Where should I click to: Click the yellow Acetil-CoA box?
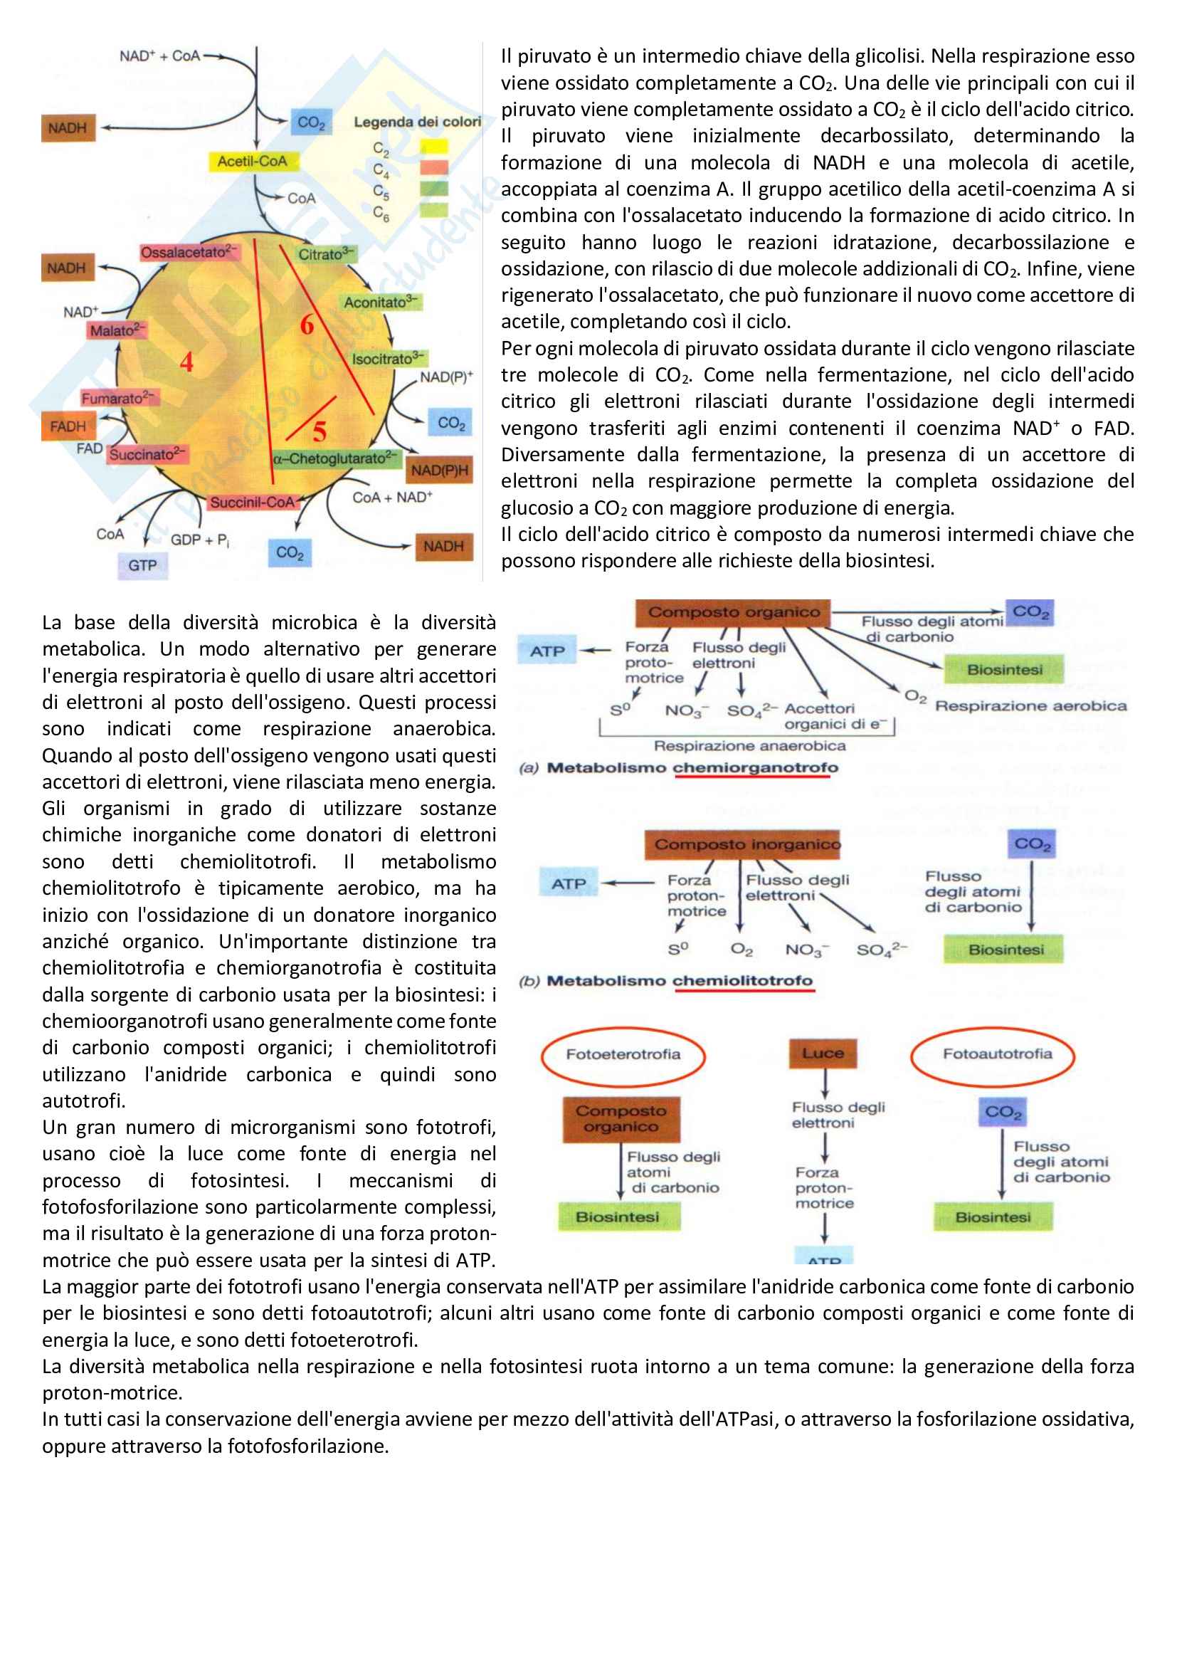[252, 161]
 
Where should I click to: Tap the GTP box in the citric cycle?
[143, 565]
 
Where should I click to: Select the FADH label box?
[68, 426]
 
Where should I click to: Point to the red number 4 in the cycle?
[186, 361]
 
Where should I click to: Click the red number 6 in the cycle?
[307, 324]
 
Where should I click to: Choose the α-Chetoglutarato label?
[335, 458]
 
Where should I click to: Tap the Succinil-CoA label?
[252, 502]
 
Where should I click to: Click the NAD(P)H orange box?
[439, 471]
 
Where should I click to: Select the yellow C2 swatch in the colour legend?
[433, 147]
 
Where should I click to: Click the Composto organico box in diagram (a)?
[733, 612]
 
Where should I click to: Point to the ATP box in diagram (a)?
[547, 651]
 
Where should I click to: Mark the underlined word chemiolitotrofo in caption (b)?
[742, 980]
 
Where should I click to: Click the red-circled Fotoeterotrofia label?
[623, 1054]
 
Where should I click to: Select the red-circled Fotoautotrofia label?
[996, 1054]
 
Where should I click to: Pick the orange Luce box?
[823, 1053]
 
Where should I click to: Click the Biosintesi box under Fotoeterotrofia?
[618, 1216]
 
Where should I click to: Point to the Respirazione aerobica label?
[1030, 705]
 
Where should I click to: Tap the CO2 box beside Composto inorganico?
[1032, 844]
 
